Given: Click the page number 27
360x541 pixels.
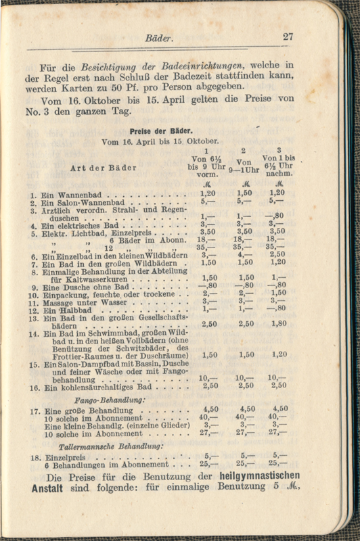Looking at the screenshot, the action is coord(288,37).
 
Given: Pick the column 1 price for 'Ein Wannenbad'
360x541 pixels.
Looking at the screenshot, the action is coord(210,193).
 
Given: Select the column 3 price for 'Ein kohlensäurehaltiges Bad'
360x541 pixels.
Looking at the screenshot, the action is coord(278,385).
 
